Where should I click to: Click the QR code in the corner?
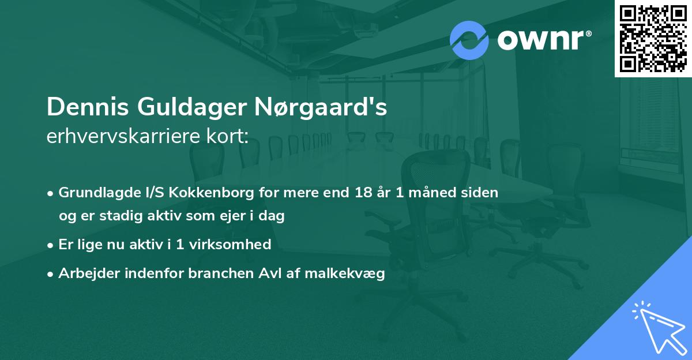tap(652, 38)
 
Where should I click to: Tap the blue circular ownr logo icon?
tap(469, 40)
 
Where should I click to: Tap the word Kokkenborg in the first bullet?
tap(210, 193)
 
